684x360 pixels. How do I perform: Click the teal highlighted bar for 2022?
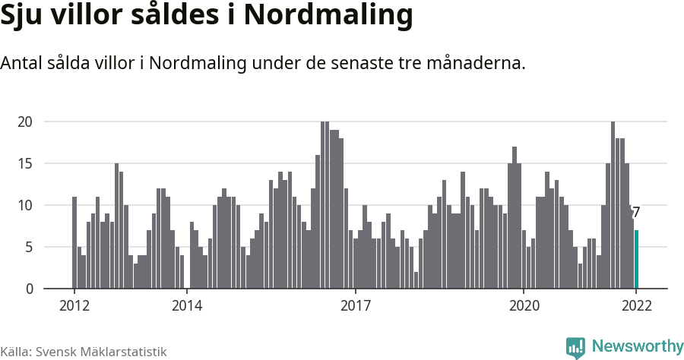637,259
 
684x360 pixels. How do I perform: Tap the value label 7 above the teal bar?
636,213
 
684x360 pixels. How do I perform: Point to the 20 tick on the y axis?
25,122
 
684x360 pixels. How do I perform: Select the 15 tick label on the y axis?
25,163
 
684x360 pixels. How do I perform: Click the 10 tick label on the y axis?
25,205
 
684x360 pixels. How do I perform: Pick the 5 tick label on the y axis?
29,247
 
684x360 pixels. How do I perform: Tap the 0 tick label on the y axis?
29,289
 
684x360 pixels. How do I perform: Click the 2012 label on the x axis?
74,306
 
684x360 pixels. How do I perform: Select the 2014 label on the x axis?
187,306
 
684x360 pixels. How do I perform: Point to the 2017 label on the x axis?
356,306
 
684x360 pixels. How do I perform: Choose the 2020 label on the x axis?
524,306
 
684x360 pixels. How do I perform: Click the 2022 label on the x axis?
636,306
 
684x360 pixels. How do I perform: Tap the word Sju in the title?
24,16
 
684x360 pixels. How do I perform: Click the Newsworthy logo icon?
575,347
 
